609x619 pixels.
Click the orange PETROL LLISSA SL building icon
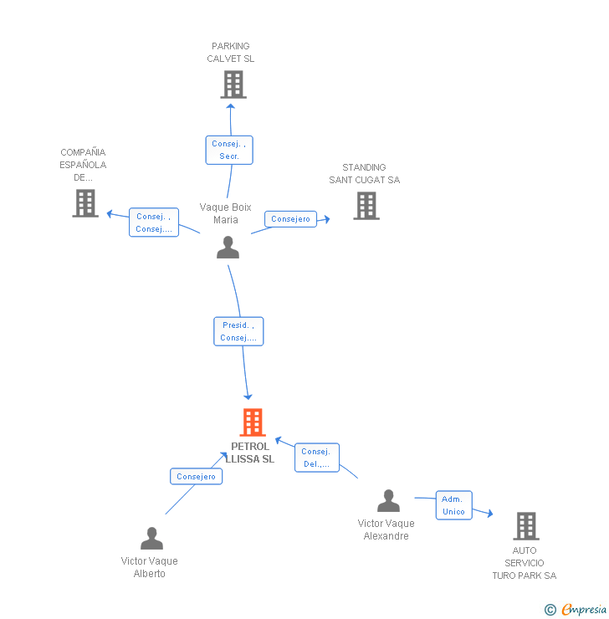tap(253, 422)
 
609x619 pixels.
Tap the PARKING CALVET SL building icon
tap(233, 84)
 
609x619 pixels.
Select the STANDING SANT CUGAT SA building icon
tap(366, 206)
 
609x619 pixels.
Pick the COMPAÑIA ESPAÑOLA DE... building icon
tap(85, 203)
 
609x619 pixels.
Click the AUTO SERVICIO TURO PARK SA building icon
tap(525, 526)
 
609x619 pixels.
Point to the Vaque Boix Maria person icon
tap(228, 248)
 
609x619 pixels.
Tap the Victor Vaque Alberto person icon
tap(151, 538)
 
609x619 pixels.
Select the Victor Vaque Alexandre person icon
tap(388, 501)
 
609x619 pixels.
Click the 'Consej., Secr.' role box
tap(229, 150)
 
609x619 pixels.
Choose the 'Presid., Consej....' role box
tap(239, 331)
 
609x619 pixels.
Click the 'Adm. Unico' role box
tap(453, 505)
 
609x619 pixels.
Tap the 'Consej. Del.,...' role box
tap(317, 458)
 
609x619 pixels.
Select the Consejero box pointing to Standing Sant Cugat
tap(291, 219)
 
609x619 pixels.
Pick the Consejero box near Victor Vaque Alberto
tap(197, 477)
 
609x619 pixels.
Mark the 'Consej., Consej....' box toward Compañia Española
tap(154, 223)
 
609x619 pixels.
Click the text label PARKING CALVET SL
tap(231, 53)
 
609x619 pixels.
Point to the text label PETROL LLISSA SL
tap(250, 453)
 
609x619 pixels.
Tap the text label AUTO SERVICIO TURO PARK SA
tap(525, 563)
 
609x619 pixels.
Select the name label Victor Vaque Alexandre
tap(386, 529)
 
